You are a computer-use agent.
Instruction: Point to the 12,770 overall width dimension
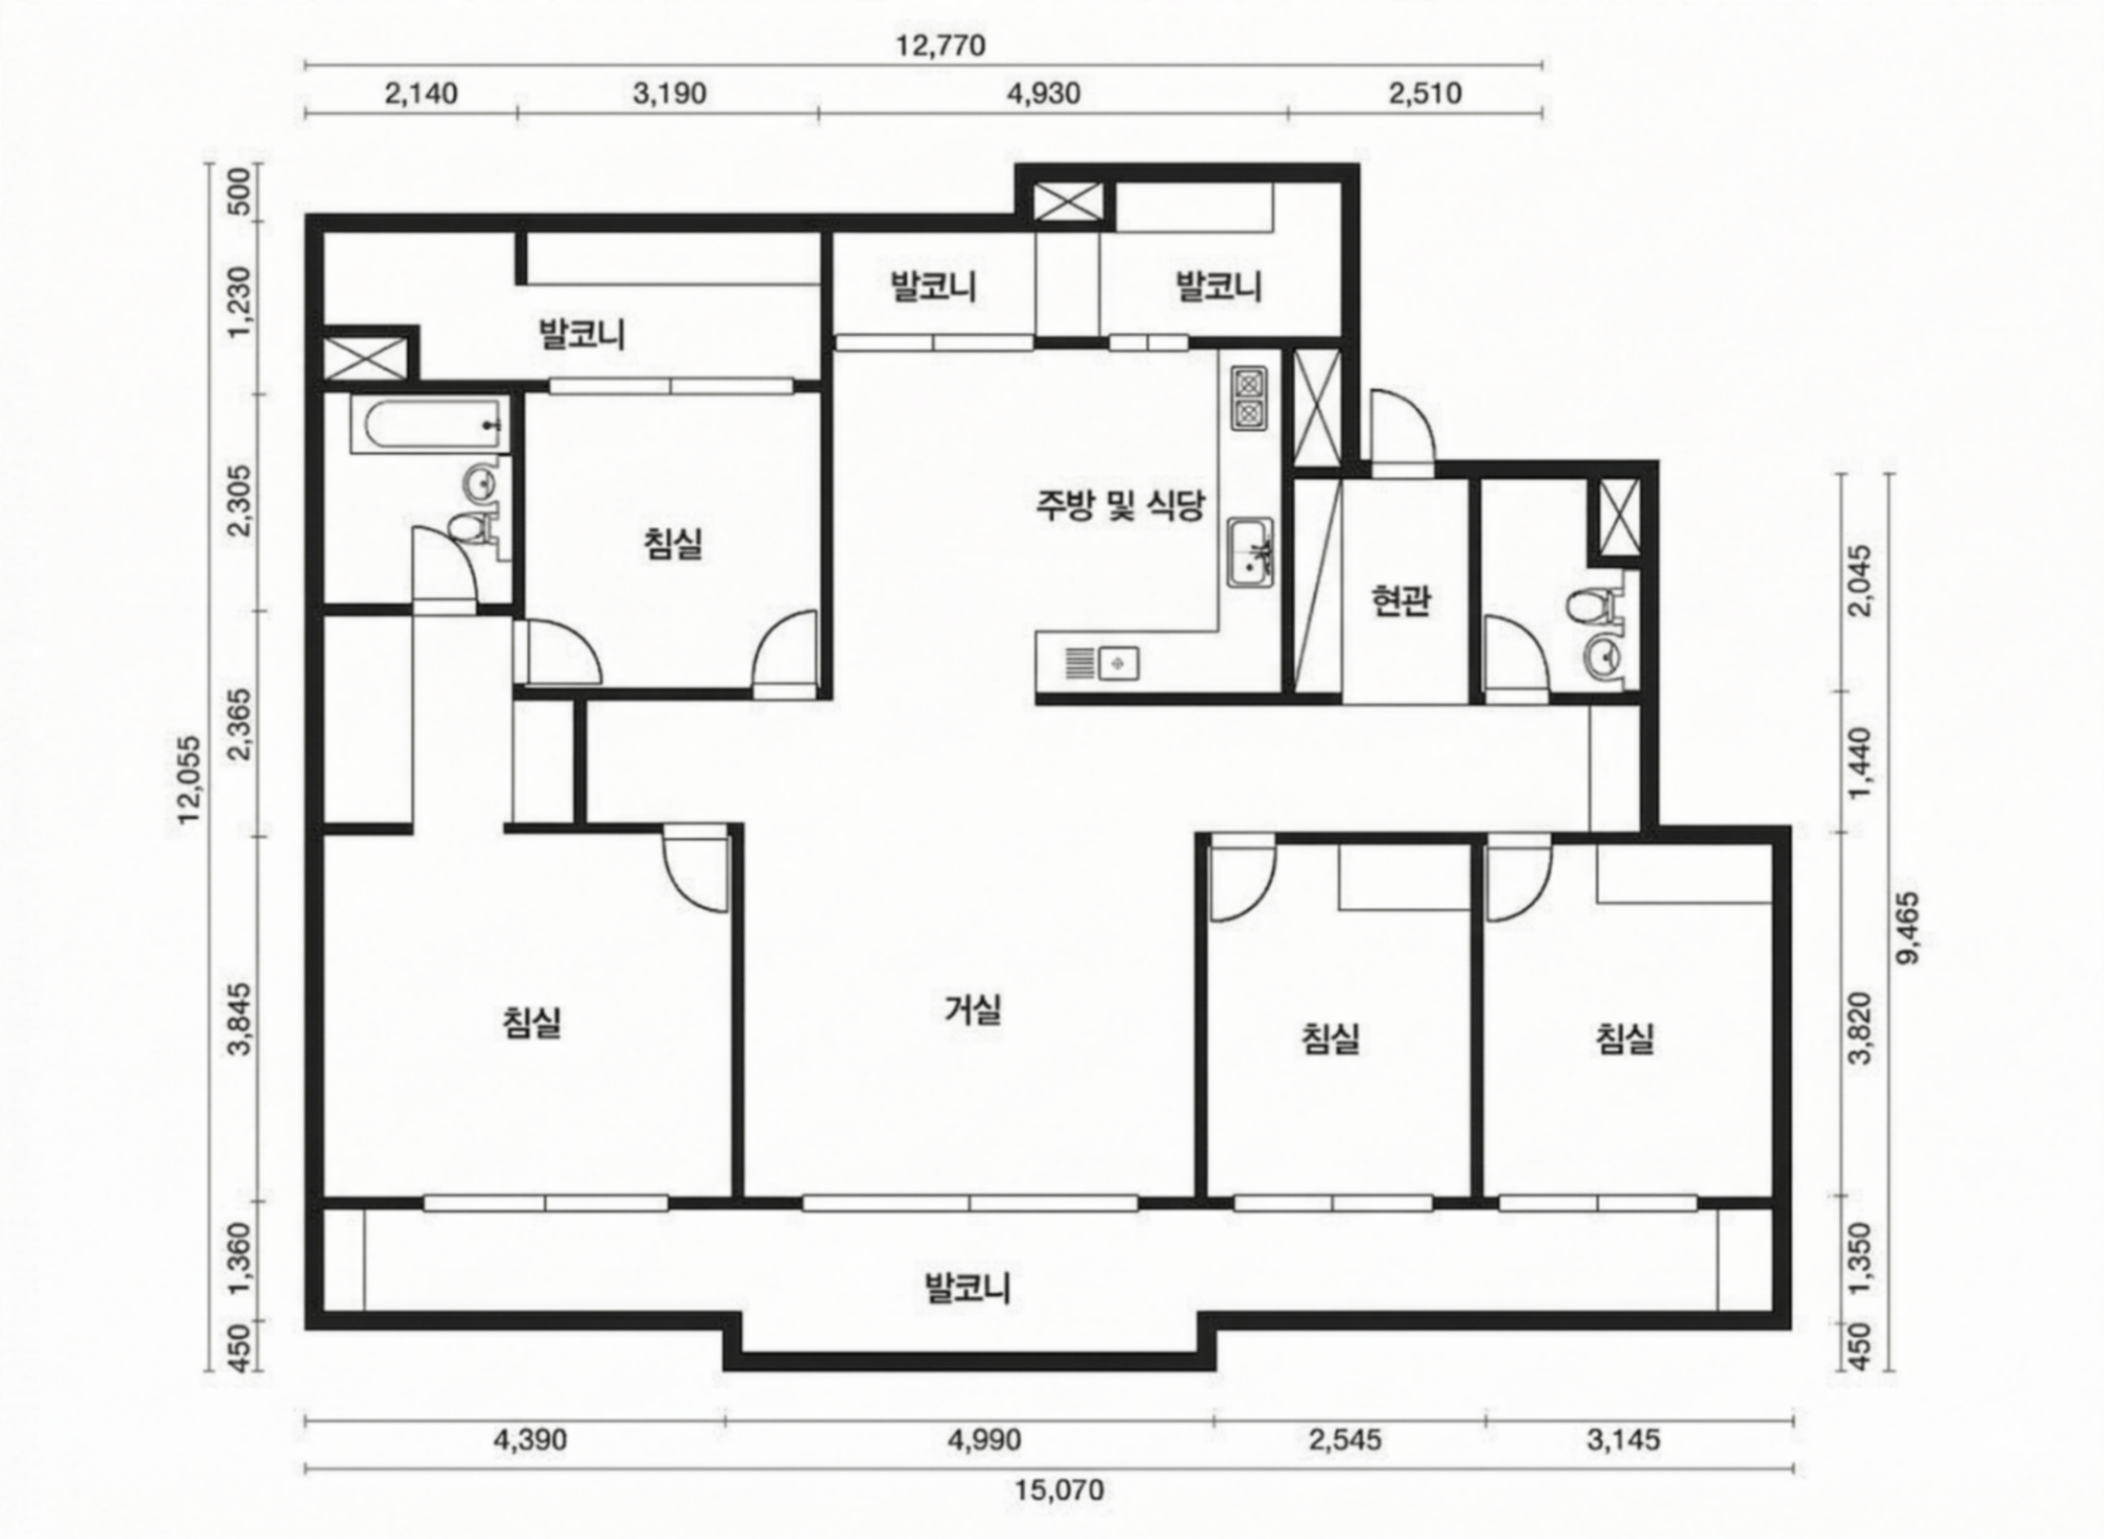pyautogui.click(x=941, y=45)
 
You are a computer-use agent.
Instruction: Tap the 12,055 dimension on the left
pyautogui.click(x=189, y=780)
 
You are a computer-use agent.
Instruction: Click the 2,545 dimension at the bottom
pyautogui.click(x=1345, y=1440)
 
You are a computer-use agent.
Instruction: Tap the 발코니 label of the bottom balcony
pyautogui.click(x=968, y=1289)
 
